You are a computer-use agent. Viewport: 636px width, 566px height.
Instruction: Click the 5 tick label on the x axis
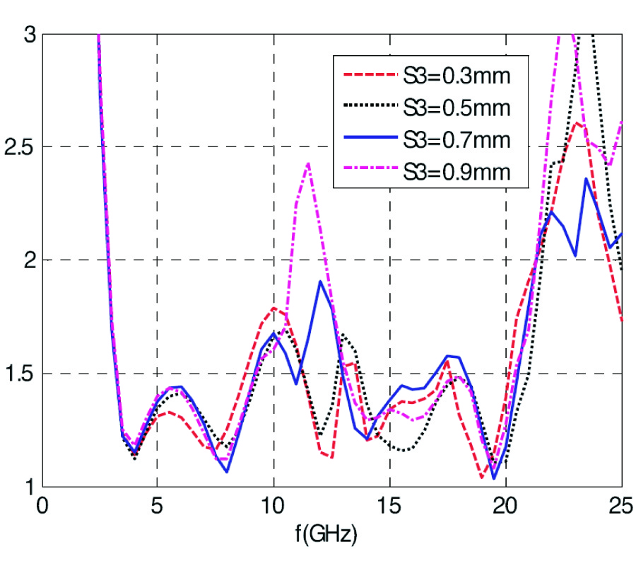(157, 507)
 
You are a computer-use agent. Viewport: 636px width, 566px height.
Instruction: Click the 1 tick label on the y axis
(27, 487)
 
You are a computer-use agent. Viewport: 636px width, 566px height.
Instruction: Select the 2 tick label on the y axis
(27, 260)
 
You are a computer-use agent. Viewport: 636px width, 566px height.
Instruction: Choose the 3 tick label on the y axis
(27, 34)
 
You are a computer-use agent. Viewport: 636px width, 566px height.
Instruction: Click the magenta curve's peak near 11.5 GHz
(308, 163)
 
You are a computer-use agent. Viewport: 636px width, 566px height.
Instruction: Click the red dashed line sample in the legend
(367, 75)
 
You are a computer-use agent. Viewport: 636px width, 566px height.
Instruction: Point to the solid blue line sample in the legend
(367, 139)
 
